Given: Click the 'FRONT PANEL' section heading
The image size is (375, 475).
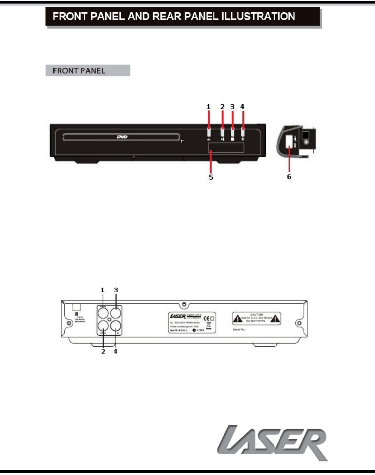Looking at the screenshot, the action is click(x=79, y=71).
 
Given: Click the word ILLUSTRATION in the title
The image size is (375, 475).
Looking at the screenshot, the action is click(x=258, y=16).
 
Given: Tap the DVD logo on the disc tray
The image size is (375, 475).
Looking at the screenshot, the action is click(x=122, y=137).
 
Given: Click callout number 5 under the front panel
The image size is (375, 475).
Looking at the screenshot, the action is click(x=211, y=177).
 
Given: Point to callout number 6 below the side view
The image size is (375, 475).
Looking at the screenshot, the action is click(x=289, y=177).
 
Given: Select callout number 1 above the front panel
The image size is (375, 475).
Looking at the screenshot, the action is click(x=208, y=107).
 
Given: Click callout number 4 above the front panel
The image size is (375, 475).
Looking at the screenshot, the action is click(x=242, y=107).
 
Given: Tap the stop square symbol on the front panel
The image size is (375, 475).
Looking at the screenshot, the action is click(x=233, y=139).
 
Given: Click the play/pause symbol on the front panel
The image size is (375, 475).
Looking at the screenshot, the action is click(x=223, y=139).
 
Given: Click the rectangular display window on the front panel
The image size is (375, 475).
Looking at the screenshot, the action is click(x=226, y=148).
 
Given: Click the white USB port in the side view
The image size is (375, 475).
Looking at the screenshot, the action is click(x=289, y=141).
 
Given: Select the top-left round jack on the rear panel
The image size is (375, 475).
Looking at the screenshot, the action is click(x=103, y=313).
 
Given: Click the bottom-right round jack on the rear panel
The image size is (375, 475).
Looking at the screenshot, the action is click(x=116, y=326).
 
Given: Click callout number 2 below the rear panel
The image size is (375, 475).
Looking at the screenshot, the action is click(x=103, y=351).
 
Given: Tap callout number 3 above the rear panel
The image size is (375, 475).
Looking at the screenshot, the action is click(x=116, y=290).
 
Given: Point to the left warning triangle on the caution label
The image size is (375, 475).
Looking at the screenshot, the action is click(x=238, y=319).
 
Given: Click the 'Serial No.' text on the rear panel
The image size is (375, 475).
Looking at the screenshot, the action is click(x=239, y=330).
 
